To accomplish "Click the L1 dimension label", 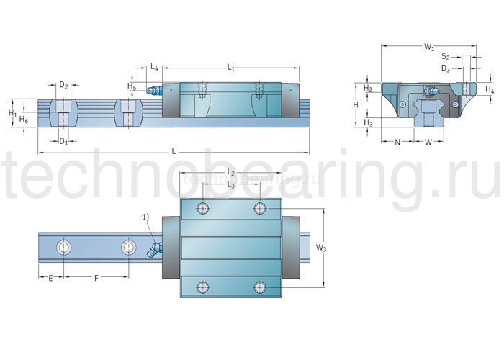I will tap(230, 68).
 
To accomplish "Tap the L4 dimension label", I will tap(155, 68).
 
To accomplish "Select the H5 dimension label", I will tap(131, 86).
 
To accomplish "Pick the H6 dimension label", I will tap(24, 119).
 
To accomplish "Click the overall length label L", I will tap(174, 150).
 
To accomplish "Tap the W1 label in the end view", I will tap(429, 48).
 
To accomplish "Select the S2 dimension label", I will tap(446, 57).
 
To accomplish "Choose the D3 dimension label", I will tap(446, 69).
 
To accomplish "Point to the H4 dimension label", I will tap(490, 89).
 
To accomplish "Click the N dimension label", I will tap(397, 142).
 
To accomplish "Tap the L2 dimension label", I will tap(231, 173).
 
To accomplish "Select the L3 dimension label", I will tap(230, 185).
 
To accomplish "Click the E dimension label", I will tap(50, 277).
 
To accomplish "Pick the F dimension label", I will tap(95, 277).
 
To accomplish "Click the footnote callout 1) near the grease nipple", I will tap(145, 216).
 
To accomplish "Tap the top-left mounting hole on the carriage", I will tap(202, 208).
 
